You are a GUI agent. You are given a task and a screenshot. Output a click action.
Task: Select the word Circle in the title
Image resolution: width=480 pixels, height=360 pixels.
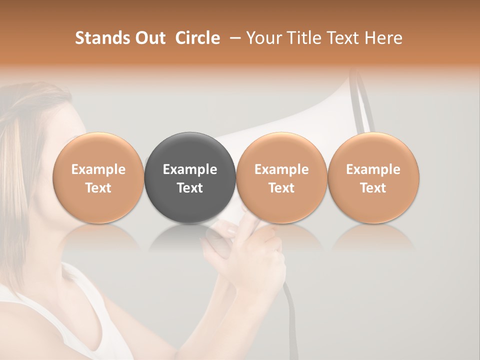tap(197, 38)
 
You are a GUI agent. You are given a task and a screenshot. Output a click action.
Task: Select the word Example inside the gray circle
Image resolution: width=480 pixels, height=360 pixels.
tap(190, 169)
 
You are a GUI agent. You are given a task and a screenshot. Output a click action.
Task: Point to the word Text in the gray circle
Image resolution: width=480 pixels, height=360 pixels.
tap(190, 188)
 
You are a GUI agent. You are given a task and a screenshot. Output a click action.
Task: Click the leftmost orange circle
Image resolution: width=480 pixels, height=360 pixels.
tap(98, 150)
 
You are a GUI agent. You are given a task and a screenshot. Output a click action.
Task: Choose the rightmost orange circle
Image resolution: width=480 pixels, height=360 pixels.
tap(373, 150)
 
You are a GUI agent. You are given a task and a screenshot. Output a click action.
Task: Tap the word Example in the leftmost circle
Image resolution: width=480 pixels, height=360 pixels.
tap(98, 169)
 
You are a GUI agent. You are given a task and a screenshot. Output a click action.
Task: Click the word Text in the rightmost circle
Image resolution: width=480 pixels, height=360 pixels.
tap(373, 188)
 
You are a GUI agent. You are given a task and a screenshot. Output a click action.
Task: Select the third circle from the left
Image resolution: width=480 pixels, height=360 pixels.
tap(281, 150)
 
